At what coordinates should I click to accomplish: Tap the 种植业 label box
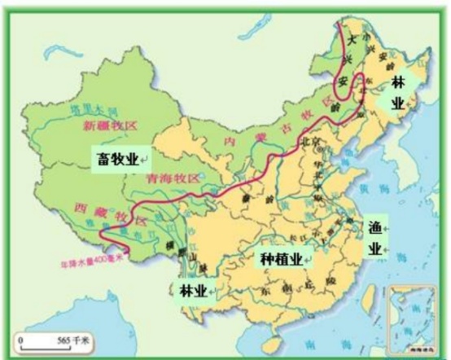pyautogui.click(x=282, y=259)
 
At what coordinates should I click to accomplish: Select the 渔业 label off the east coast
pyautogui.click(x=376, y=237)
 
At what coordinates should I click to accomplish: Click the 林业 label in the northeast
pyautogui.click(x=398, y=95)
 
